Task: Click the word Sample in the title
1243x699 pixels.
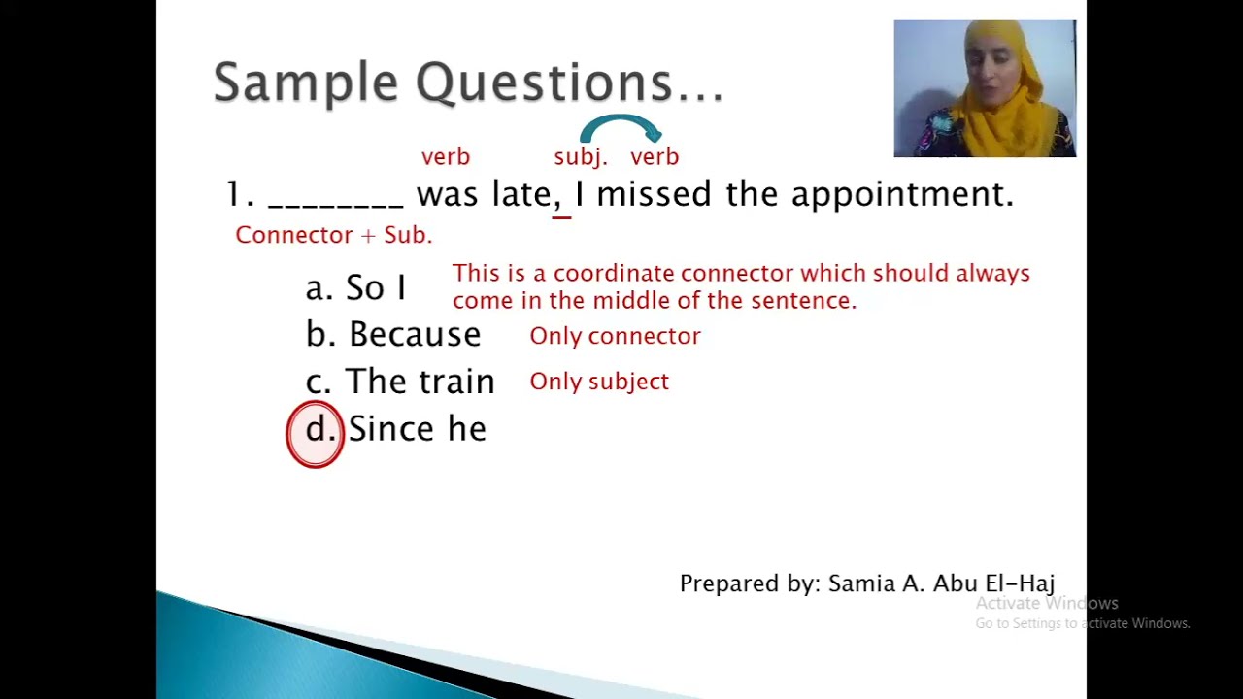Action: [305, 83]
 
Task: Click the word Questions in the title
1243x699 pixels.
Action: [544, 83]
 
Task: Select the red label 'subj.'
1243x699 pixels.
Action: [580, 157]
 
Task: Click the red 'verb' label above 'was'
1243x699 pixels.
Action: [446, 157]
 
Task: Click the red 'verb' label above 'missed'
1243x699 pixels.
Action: [655, 157]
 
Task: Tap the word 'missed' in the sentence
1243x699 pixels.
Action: [654, 194]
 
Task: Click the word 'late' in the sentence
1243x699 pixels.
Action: [521, 194]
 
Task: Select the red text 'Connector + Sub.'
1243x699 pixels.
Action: [333, 235]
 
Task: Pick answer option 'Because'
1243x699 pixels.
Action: [414, 335]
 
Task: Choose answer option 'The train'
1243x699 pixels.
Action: [420, 382]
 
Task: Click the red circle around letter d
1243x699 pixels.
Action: [316, 434]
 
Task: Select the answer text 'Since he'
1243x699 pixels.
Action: [417, 429]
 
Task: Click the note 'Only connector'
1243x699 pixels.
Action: [615, 336]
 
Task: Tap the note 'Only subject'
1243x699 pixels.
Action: [599, 382]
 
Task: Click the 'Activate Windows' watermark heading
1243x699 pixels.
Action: [1047, 604]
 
